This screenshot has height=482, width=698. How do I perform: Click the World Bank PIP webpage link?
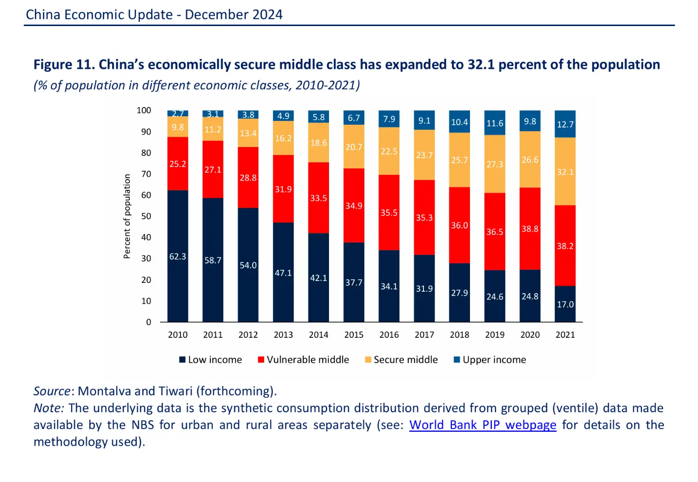(483, 425)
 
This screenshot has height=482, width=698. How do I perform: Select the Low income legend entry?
(211, 360)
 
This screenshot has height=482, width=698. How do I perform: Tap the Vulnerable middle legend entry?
(303, 360)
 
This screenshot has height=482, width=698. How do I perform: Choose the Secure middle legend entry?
(401, 360)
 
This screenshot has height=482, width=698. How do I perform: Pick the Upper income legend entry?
(490, 360)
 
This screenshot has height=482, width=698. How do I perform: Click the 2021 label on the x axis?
(565, 335)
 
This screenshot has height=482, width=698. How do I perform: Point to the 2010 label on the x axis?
(178, 335)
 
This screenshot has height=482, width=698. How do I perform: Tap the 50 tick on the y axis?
(146, 216)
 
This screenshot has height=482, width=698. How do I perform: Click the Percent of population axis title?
(127, 216)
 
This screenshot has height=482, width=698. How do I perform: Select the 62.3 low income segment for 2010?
(178, 256)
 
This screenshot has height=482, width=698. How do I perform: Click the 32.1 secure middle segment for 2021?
(565, 172)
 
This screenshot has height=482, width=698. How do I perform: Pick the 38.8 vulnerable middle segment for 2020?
(530, 228)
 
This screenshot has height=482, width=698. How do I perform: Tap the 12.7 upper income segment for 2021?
(565, 124)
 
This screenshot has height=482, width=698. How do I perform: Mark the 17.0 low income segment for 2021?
(565, 304)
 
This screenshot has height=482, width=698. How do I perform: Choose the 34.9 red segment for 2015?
(354, 206)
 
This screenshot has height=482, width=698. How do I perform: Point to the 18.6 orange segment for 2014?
(319, 143)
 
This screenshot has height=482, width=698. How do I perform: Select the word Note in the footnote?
(48, 408)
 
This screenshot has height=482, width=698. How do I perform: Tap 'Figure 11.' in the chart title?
(64, 64)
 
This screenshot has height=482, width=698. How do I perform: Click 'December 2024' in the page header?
(234, 14)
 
